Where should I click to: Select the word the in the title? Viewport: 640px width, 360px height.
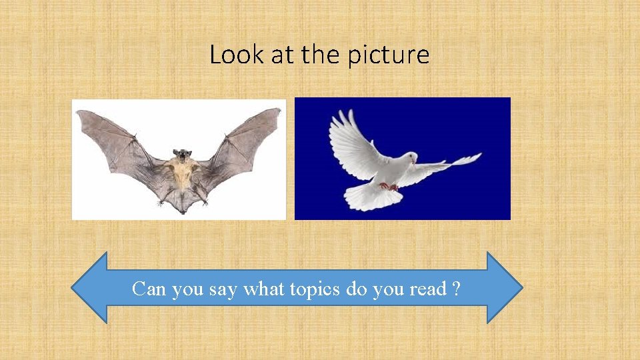click(x=321, y=55)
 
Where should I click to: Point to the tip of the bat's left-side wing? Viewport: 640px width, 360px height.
click(x=79, y=113)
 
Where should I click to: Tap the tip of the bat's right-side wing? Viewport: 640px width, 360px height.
click(x=279, y=111)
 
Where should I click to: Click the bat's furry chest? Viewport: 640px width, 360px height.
click(x=180, y=175)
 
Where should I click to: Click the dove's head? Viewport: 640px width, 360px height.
click(x=411, y=158)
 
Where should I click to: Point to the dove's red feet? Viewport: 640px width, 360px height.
click(x=389, y=186)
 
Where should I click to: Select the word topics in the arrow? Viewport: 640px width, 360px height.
click(x=319, y=289)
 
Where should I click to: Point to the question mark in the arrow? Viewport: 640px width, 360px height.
click(x=455, y=289)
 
